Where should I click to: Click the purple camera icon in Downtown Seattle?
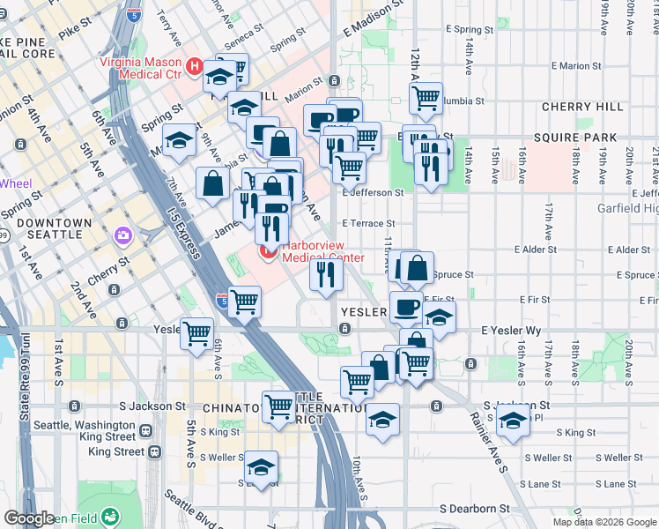[x=122, y=235]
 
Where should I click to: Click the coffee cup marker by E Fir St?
[x=406, y=307]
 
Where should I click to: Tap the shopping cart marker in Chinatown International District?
[x=279, y=406]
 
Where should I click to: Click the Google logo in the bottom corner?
[x=28, y=518]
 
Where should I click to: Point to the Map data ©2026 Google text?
[x=604, y=522]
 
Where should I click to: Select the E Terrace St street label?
[x=368, y=224]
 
